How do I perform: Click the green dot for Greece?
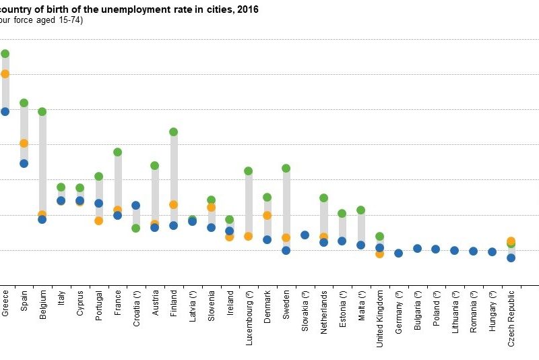tap(5, 53)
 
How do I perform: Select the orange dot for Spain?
tap(24, 143)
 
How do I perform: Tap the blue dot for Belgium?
tap(42, 219)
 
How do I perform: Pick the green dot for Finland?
tap(173, 131)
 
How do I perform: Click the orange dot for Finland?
tap(173, 204)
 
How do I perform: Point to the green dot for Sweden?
tap(286, 168)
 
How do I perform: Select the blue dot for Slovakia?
tap(305, 235)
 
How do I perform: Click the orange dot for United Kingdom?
tap(379, 253)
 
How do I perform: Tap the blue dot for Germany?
tap(398, 253)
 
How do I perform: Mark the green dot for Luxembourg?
tap(248, 171)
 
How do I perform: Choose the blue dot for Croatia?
tap(135, 205)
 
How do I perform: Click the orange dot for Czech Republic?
tap(511, 241)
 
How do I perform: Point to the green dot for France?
tap(117, 152)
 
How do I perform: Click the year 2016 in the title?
tap(248, 10)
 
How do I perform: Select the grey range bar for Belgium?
tap(42, 162)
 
